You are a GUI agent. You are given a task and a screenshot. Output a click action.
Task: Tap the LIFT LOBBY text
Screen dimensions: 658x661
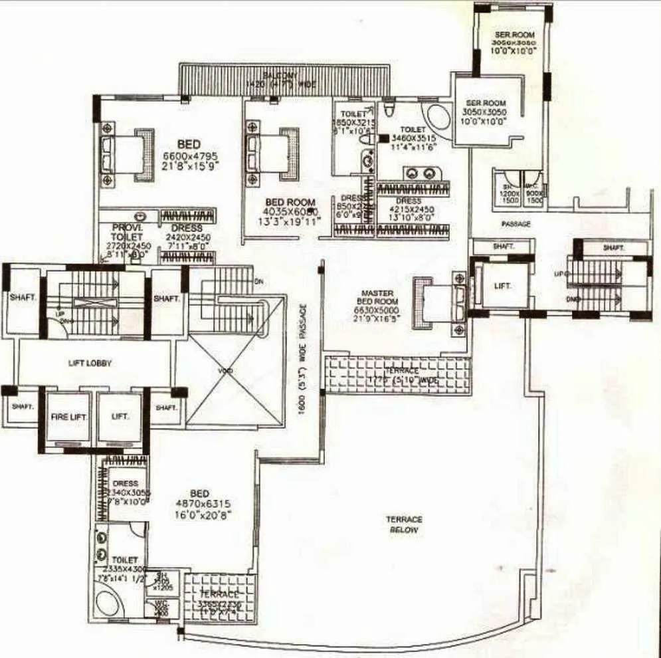point(90,364)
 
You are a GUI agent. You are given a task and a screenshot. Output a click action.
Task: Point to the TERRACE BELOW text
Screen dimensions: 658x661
point(404,524)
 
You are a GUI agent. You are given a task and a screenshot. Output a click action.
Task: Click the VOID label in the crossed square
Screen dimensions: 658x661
point(225,370)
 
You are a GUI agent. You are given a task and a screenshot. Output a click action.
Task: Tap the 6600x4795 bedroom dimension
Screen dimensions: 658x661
point(191,157)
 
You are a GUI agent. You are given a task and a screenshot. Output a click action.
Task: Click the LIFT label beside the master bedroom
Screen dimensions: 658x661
point(503,286)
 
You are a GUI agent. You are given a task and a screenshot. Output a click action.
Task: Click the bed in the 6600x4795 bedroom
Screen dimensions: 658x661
point(126,155)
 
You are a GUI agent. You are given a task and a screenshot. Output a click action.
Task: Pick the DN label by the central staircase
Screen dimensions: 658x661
point(258,282)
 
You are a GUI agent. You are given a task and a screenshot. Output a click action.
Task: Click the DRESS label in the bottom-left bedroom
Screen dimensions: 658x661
point(126,483)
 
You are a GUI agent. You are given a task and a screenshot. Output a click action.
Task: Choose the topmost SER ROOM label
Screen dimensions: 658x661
point(516,34)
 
